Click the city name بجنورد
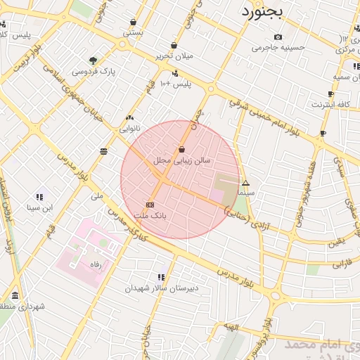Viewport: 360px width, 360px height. (x=261, y=11)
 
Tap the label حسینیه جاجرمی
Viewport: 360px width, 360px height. (x=278, y=48)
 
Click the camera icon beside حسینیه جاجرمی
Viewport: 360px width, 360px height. (x=278, y=37)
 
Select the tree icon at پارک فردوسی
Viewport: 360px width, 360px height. (x=94, y=60)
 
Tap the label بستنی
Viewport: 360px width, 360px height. (x=133, y=32)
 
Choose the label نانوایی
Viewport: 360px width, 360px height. (x=129, y=129)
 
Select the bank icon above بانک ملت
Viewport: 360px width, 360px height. (x=150, y=205)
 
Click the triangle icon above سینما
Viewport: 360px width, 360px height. (x=245, y=183)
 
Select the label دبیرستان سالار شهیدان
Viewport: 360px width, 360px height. (x=162, y=288)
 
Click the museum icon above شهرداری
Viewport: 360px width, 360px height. (x=15, y=295)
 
